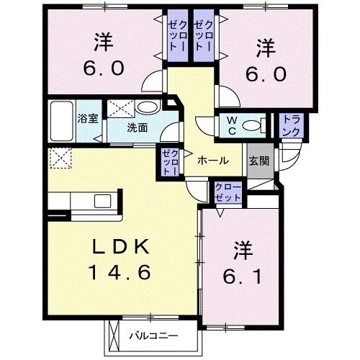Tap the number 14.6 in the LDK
[x=120, y=272]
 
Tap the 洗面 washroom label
[x=138, y=127]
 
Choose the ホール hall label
[x=213, y=161]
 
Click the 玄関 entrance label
[x=259, y=161]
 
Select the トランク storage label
[x=292, y=126]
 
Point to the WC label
[x=233, y=125]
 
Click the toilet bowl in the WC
[x=252, y=126]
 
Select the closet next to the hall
[x=170, y=162]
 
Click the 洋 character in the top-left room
[x=103, y=44]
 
